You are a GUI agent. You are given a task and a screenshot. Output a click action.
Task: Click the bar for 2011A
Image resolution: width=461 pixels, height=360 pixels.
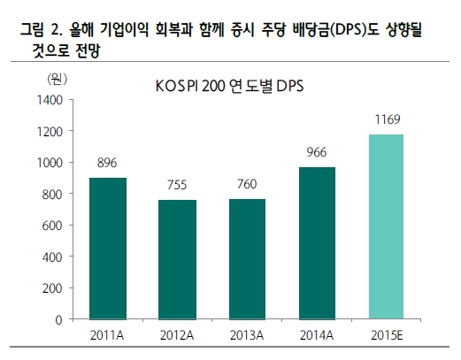coord(108,249)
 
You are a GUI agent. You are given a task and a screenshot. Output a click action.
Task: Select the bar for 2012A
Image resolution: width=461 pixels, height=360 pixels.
coord(177,260)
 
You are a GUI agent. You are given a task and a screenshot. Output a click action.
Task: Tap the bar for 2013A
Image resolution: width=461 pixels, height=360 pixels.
coord(247,259)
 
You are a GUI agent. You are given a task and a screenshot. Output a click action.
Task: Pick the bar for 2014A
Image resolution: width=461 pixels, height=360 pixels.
coord(317,243)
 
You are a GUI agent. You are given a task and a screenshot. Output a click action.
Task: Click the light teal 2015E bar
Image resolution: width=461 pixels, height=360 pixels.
coord(386,227)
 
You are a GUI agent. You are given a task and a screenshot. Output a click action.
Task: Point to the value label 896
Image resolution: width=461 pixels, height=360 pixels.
coord(107,163)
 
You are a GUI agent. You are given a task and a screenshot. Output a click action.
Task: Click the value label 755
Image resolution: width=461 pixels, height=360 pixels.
coord(177,185)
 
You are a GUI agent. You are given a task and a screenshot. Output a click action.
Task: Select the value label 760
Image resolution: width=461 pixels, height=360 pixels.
coord(247,184)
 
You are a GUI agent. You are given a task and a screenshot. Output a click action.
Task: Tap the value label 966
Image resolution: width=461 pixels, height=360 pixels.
coord(317,152)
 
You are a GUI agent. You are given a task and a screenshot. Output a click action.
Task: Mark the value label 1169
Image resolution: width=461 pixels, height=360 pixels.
coord(388,119)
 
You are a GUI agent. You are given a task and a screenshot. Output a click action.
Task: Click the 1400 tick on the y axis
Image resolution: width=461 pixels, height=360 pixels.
coord(50,100)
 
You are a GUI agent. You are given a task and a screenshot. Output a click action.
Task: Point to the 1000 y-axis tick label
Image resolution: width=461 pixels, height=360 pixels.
coord(50,163)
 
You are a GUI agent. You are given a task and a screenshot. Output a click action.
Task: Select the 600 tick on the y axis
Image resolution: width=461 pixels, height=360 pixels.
coord(52,226)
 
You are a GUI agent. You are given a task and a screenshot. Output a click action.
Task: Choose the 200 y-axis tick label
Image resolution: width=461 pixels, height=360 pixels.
coord(52,288)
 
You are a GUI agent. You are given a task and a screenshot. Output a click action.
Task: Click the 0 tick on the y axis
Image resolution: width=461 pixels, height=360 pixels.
coord(59,320)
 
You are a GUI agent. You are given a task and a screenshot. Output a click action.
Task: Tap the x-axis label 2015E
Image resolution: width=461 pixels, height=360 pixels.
coord(387,335)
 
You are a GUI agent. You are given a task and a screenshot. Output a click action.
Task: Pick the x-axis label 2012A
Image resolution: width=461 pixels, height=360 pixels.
coord(177,335)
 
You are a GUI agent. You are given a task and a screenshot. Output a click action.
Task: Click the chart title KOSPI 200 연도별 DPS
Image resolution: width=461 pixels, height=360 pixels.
coord(229,87)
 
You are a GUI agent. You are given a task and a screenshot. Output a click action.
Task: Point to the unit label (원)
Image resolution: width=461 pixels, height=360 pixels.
coord(58,79)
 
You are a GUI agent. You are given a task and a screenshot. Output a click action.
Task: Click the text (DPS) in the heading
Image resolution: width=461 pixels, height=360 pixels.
coord(349,30)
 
